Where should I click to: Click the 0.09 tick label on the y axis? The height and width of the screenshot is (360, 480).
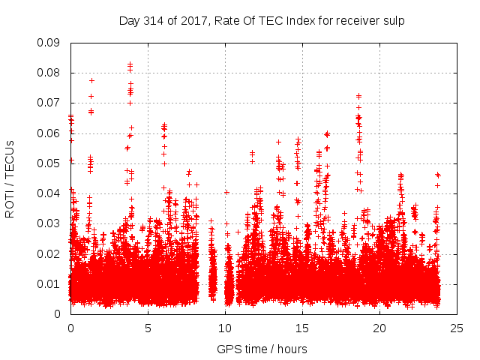pyautogui.click(x=50, y=43)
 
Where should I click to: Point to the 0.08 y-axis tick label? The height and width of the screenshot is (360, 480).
pyautogui.click(x=50, y=73)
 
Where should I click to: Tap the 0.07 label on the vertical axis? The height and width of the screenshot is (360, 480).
pyautogui.click(x=50, y=103)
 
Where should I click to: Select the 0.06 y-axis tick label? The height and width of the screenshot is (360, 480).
pyautogui.click(x=50, y=133)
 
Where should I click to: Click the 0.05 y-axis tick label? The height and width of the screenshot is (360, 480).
pyautogui.click(x=50, y=163)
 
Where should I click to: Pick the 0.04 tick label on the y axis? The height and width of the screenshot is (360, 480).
pyautogui.click(x=50, y=193)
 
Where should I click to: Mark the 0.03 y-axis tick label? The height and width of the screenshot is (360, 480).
pyautogui.click(x=50, y=223)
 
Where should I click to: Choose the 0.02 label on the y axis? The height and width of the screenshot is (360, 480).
pyautogui.click(x=50, y=253)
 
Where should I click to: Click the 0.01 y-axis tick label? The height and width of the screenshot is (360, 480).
pyautogui.click(x=50, y=283)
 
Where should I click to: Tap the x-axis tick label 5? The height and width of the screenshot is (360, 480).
pyautogui.click(x=148, y=328)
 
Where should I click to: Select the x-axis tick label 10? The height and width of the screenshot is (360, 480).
pyautogui.click(x=225, y=328)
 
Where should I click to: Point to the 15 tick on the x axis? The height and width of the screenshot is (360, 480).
pyautogui.click(x=302, y=328)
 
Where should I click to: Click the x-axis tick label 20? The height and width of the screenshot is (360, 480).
pyautogui.click(x=379, y=328)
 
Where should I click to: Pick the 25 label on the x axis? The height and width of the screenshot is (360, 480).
pyautogui.click(x=457, y=328)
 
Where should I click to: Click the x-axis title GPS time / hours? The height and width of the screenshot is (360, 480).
pyautogui.click(x=263, y=349)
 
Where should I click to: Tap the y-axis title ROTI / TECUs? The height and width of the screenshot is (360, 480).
pyautogui.click(x=10, y=178)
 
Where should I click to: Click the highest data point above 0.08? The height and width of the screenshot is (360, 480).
pyautogui.click(x=130, y=64)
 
